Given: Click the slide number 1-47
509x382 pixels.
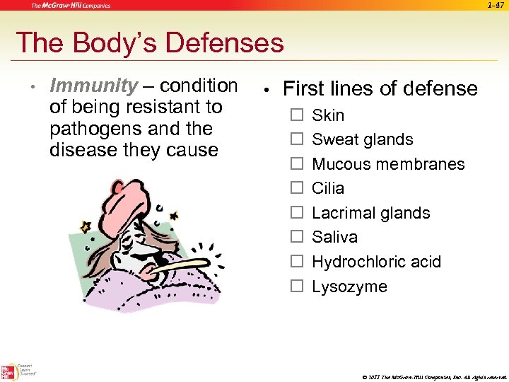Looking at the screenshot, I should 495,6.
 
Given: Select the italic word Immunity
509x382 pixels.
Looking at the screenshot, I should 94,86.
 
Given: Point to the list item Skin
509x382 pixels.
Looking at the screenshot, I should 328,115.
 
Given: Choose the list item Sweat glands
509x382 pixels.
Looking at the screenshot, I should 362,139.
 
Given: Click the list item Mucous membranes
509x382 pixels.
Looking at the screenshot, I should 388,164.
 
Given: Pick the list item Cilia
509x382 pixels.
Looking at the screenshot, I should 328,188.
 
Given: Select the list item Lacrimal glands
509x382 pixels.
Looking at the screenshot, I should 370,213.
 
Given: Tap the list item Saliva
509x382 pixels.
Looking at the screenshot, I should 334,237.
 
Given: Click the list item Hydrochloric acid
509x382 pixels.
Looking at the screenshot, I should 376,262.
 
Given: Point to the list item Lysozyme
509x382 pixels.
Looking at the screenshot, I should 349,286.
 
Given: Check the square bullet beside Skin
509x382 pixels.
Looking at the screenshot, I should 297,115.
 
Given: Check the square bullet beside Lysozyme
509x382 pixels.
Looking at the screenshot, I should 297,286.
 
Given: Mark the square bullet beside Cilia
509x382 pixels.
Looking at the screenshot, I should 297,188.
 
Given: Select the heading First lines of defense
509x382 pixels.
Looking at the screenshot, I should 380,89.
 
